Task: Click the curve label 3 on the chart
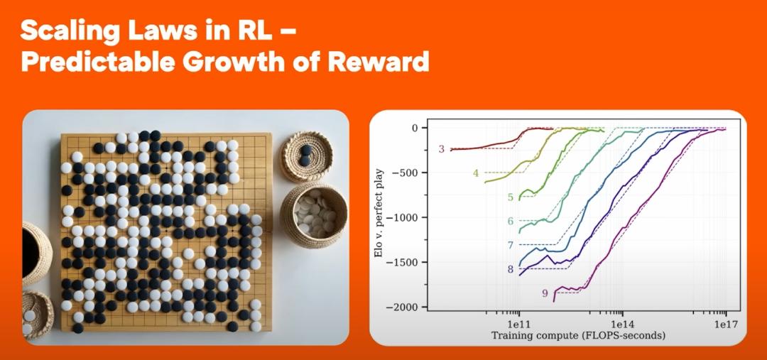(x=441, y=148)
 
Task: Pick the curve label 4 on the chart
(x=475, y=173)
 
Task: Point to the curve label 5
(x=510, y=197)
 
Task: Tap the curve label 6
(x=510, y=221)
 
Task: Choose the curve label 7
(x=510, y=244)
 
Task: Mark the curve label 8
(x=510, y=268)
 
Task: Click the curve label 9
(x=545, y=293)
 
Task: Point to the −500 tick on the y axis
(x=408, y=173)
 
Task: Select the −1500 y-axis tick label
(x=405, y=263)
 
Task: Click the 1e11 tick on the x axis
(x=519, y=324)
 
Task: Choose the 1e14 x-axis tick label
(x=622, y=324)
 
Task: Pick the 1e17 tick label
(x=725, y=324)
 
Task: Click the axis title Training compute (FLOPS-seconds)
(x=578, y=336)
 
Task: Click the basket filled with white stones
(x=314, y=215)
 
